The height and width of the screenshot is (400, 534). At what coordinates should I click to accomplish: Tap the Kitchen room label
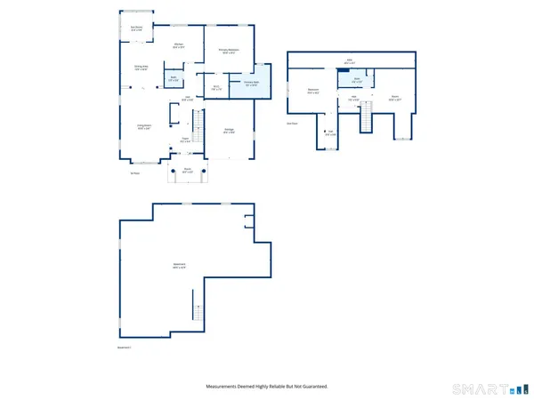click(178, 45)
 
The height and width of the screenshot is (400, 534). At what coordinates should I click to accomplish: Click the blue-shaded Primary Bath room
click(251, 84)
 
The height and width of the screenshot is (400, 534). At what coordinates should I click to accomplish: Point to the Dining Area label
click(141, 68)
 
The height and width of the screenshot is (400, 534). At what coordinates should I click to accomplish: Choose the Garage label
click(229, 132)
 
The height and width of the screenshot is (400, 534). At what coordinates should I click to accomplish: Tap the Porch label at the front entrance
click(188, 169)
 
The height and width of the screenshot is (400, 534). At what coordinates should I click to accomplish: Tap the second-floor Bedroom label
click(313, 91)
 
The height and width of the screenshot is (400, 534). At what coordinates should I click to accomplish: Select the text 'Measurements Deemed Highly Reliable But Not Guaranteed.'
click(267, 387)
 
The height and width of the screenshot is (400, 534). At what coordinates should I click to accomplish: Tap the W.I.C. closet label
click(216, 87)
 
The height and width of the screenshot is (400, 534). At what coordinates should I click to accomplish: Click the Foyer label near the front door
click(188, 140)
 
